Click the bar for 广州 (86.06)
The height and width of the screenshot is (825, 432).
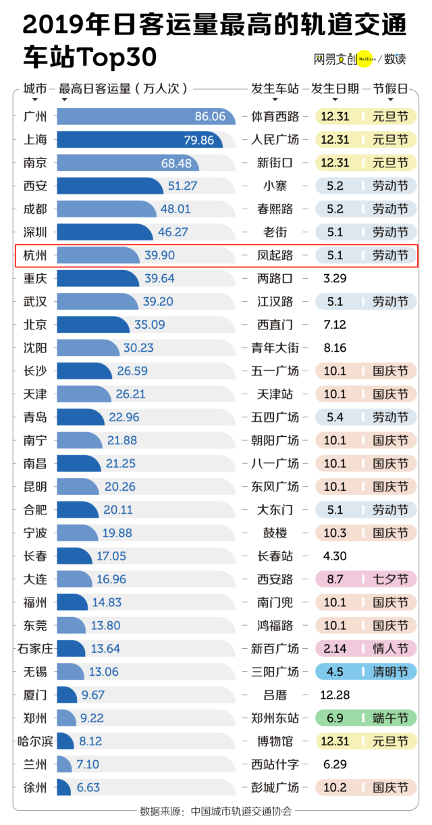145,116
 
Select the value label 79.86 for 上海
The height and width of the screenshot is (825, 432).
198,140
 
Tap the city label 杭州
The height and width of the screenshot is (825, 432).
35,255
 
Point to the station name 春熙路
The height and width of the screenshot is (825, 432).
275,209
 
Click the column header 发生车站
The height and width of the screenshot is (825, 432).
275,88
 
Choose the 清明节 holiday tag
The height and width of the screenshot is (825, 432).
390,672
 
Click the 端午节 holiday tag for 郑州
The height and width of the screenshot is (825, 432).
390,718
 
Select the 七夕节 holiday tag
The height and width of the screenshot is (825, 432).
390,579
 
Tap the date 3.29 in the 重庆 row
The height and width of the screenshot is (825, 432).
335,278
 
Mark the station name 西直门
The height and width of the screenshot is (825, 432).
275,325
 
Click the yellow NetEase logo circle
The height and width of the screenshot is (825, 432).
364,59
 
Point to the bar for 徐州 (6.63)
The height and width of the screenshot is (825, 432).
64,787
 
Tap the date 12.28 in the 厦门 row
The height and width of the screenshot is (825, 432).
335,695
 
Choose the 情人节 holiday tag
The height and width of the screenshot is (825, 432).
390,649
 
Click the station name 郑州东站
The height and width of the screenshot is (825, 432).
275,718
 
